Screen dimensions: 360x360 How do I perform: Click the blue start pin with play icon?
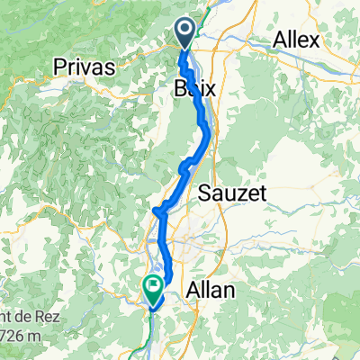click(184, 34)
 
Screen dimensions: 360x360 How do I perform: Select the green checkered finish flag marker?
click(151, 288)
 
